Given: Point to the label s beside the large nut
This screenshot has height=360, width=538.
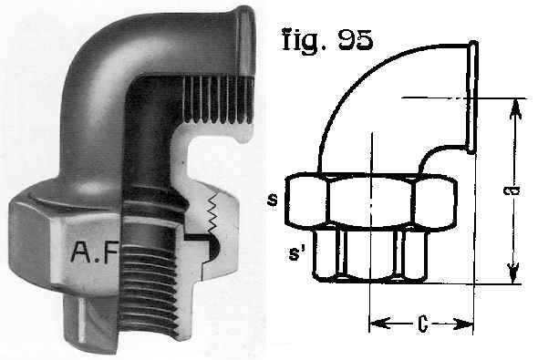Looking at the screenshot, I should pyautogui.click(x=272, y=198).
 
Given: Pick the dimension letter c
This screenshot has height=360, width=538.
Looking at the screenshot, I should pyautogui.click(x=422, y=324).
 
